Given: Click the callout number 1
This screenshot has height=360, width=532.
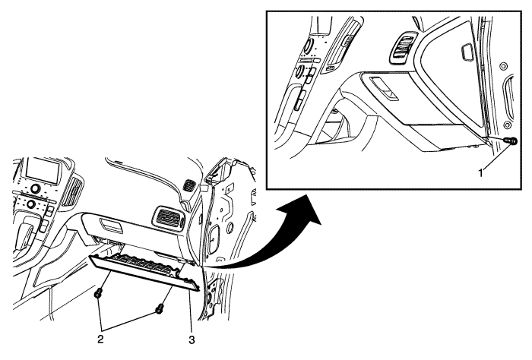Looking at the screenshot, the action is pyautogui.click(x=480, y=173).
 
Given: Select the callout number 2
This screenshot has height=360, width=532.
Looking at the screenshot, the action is pyautogui.click(x=100, y=339).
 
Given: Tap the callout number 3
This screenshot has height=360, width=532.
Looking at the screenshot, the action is pyautogui.click(x=192, y=339).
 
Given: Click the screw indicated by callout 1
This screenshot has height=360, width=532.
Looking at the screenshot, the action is pyautogui.click(x=511, y=140).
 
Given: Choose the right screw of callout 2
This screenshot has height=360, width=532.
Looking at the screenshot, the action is pyautogui.click(x=159, y=308).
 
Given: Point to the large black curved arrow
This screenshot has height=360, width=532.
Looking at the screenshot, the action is pyautogui.click(x=271, y=237).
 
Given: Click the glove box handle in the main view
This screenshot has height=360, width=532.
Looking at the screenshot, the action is pyautogui.click(x=111, y=226).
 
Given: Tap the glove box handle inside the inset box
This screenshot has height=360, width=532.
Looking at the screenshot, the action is pyautogui.click(x=384, y=89).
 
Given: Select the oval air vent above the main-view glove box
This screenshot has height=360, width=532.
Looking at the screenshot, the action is pyautogui.click(x=169, y=217).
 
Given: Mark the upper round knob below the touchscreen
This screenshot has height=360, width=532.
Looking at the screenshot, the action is pyautogui.click(x=35, y=188).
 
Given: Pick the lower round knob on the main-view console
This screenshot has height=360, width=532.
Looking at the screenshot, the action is pyautogui.click(x=32, y=204).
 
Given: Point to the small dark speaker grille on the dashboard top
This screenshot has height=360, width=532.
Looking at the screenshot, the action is pyautogui.click(x=188, y=185).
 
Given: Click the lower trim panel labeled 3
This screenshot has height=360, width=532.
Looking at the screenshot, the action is pyautogui.click(x=144, y=271).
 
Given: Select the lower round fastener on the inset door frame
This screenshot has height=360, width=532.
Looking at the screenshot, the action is pyautogui.click(x=508, y=125).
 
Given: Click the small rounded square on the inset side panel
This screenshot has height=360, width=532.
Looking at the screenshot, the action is pyautogui.click(x=466, y=52).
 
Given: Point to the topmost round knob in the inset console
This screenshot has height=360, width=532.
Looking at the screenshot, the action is pyautogui.click(x=309, y=45).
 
